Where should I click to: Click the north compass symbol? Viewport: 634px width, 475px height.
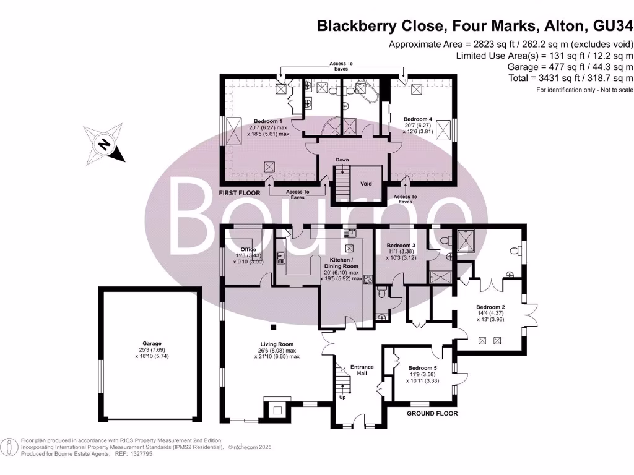(105, 145)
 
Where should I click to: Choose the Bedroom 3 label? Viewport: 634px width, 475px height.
(401, 245)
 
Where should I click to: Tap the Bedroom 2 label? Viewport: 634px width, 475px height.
(490, 307)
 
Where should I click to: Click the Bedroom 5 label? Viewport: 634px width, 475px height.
(422, 368)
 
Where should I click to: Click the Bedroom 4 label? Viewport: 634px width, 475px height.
(417, 119)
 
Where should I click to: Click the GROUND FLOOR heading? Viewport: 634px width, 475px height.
(432, 413)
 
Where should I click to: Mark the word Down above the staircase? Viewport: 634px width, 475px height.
(342, 160)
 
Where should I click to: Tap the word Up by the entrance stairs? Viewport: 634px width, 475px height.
(342, 396)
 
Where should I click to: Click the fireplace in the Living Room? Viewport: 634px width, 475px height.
(276, 408)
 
